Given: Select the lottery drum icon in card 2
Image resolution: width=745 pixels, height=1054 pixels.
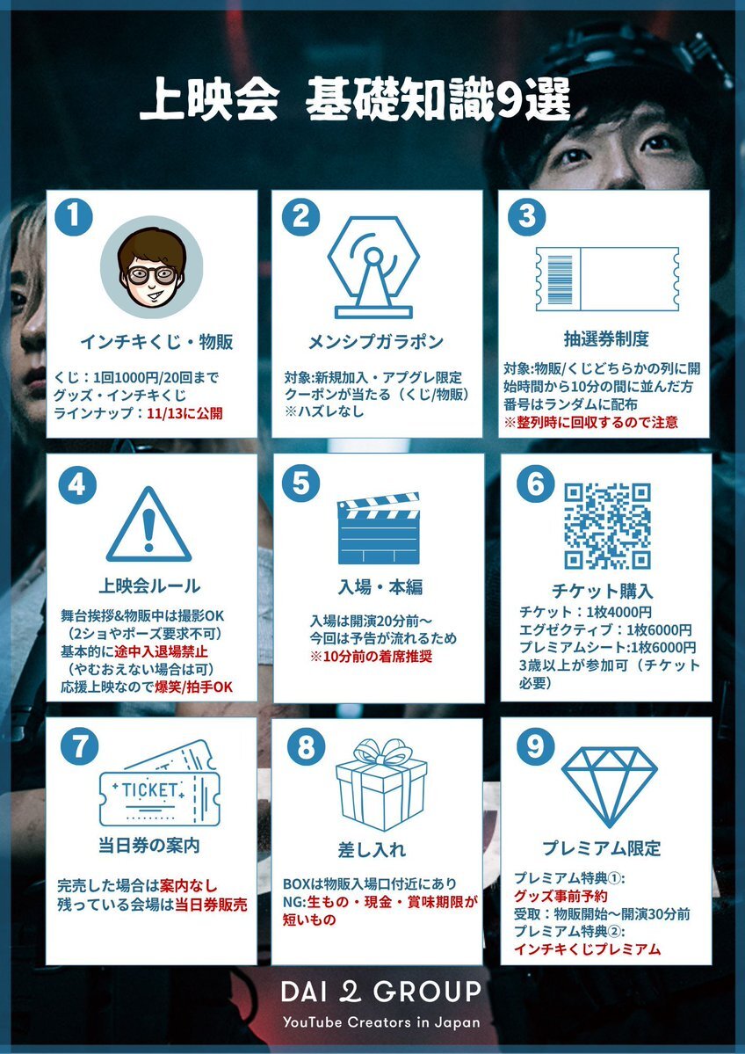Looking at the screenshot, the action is pos(373,267).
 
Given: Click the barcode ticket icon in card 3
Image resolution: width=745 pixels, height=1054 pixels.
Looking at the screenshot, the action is pos(606,279).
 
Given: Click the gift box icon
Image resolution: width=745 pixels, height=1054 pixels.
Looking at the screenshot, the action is pos(381,784).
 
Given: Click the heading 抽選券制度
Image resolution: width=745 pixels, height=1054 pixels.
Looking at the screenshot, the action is pos(606,339).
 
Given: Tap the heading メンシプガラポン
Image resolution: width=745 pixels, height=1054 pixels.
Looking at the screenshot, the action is pos(376,342).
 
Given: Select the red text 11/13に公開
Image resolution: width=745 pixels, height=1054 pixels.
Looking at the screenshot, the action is pos(184,413).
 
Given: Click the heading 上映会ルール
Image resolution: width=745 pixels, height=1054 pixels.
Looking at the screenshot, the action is pos(149,585).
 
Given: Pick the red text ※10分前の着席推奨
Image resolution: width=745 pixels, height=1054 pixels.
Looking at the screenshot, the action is pos(371,656).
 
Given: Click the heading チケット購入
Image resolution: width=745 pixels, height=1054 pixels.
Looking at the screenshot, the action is pos(602,591).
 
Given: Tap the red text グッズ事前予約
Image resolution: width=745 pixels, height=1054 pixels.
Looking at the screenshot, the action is pos(561,896).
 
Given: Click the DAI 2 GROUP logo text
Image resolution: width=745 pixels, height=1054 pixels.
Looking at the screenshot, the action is pos(381,992).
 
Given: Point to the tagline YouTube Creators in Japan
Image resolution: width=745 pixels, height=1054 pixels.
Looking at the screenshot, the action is pos(381,1022).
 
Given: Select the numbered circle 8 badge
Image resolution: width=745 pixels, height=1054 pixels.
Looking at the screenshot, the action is pos(306,747).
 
